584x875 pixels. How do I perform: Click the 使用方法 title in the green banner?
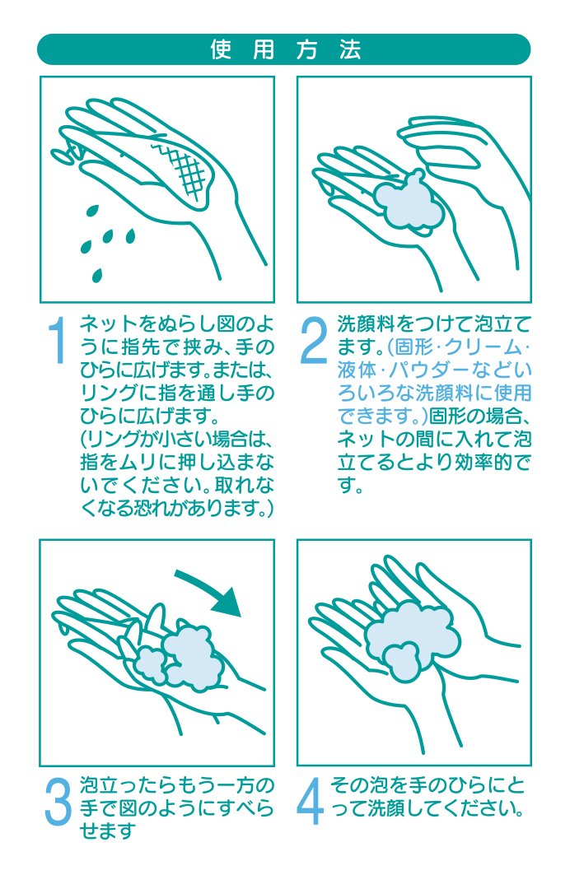[x=285, y=49]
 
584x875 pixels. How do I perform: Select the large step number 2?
[x=313, y=340]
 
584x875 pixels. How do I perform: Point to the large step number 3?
[x=58, y=802]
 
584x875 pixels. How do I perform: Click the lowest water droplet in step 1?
[x=97, y=275]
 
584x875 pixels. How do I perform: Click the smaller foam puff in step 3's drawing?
[x=150, y=663]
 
